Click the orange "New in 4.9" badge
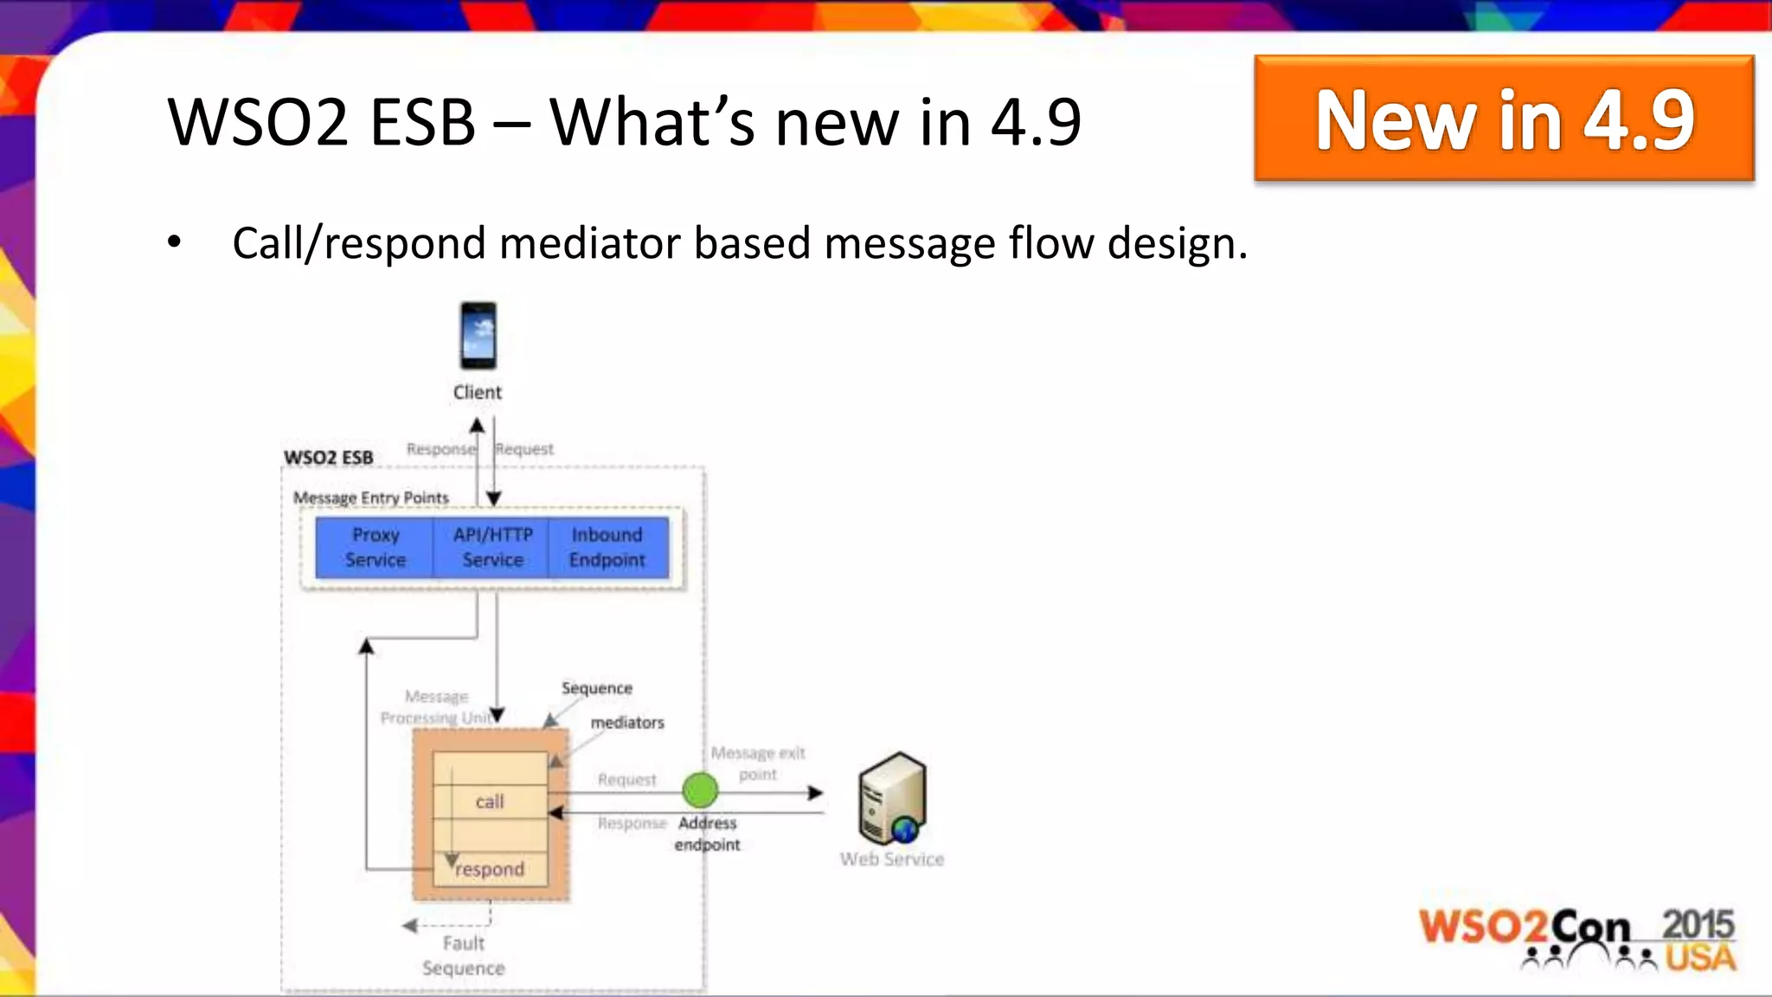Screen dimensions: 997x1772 click(x=1504, y=119)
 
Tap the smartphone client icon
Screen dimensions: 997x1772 click(x=478, y=336)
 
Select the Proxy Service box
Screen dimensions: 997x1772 click(x=375, y=547)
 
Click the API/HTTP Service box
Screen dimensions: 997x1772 click(x=492, y=547)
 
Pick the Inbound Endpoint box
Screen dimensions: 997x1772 click(x=607, y=547)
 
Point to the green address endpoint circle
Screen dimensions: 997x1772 click(x=700, y=789)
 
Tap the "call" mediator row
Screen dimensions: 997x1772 click(x=490, y=801)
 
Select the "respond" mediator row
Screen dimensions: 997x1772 click(x=490, y=869)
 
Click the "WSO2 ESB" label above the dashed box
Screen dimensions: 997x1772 click(x=329, y=457)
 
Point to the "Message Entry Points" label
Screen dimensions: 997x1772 click(x=370, y=498)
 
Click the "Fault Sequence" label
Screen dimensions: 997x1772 click(x=464, y=955)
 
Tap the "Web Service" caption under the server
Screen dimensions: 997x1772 click(x=891, y=859)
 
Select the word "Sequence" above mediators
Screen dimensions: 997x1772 click(x=597, y=688)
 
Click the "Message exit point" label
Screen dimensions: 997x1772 click(x=758, y=763)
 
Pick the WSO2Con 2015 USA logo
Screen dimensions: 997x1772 click(x=1576, y=938)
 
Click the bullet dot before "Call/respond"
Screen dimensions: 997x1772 click(x=175, y=243)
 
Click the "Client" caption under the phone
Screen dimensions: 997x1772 click(x=478, y=392)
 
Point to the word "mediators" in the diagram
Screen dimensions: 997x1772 click(x=627, y=723)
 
